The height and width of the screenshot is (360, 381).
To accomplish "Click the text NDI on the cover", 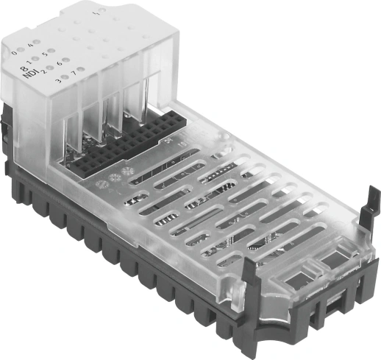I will [x=28, y=74].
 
